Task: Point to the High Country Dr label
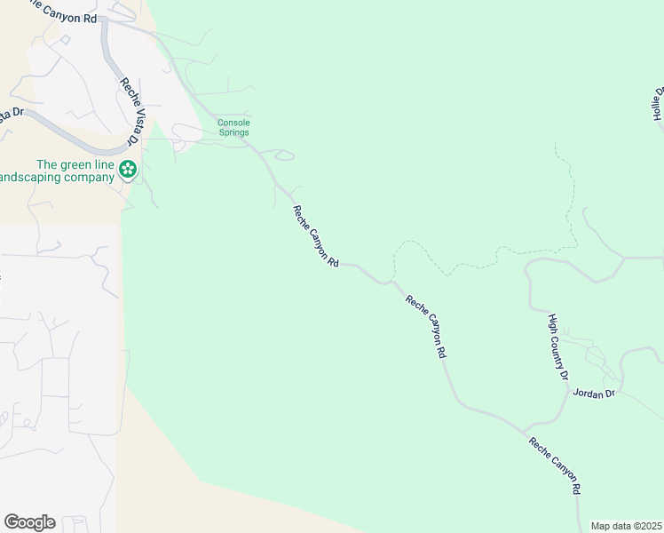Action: point(557,347)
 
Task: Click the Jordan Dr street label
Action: point(594,393)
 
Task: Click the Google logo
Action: point(29,521)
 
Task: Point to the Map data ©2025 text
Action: point(626,526)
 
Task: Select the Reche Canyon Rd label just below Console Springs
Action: point(317,236)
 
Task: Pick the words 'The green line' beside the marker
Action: point(76,164)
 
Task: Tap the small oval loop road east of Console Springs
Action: point(284,156)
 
